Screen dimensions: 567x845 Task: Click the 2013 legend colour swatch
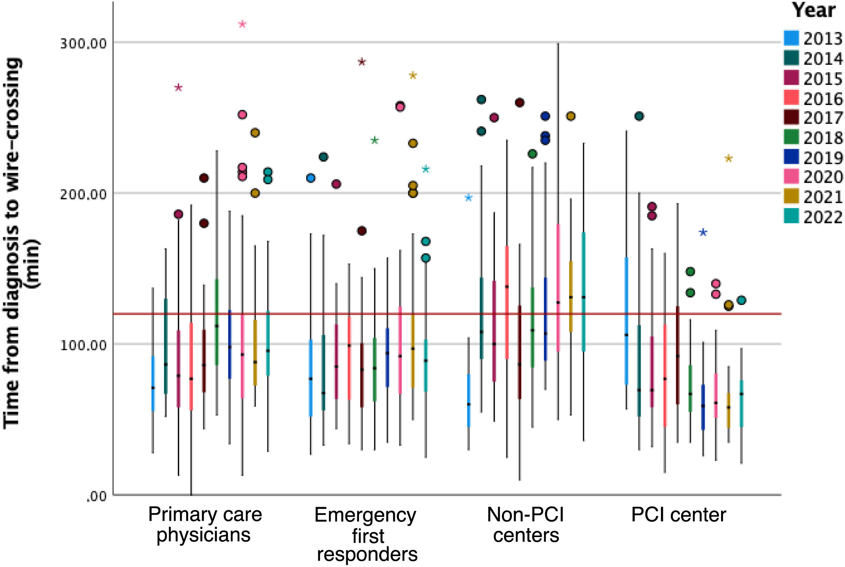click(x=791, y=38)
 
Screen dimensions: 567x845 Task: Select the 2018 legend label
click(x=822, y=138)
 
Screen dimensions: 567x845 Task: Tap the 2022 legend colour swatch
click(x=791, y=216)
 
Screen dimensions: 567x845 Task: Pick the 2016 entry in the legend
click(x=822, y=99)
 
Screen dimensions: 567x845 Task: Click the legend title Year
click(x=814, y=10)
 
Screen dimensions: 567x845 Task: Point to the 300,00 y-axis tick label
click(x=83, y=43)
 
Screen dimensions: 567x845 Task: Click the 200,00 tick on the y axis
click(x=83, y=194)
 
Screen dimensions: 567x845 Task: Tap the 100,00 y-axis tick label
click(x=83, y=345)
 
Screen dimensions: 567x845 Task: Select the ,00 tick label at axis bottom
click(x=97, y=496)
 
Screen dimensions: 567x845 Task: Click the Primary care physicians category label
click(x=205, y=525)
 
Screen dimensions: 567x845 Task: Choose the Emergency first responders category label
click(x=366, y=534)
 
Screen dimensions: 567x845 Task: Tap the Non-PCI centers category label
click(x=526, y=525)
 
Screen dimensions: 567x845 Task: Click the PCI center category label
click(x=678, y=515)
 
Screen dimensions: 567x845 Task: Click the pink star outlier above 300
click(x=242, y=24)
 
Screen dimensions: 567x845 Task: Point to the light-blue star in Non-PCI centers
click(x=469, y=198)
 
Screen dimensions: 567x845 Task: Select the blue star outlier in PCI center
click(x=703, y=232)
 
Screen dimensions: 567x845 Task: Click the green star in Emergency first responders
click(x=375, y=140)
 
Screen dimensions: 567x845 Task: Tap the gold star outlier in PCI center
click(x=728, y=158)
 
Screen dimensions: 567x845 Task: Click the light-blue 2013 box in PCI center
click(x=626, y=321)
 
